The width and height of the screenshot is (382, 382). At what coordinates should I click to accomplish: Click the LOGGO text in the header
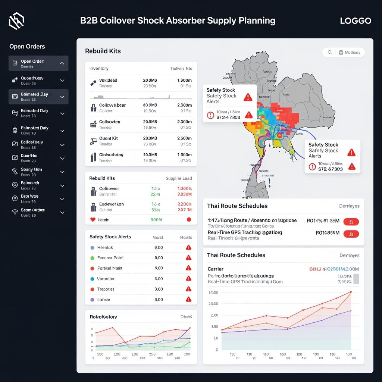tap(356, 21)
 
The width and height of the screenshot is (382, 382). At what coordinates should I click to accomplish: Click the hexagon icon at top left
tap(16, 21)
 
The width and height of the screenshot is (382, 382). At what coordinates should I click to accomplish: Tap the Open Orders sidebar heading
tap(27, 47)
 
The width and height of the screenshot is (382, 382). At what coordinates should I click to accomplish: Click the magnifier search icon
tap(330, 53)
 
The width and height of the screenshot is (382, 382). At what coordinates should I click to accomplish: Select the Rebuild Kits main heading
tap(103, 51)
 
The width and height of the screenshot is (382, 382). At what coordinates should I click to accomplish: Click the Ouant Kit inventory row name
tap(109, 138)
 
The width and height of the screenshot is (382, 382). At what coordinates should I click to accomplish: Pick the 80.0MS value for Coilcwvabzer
tap(150, 105)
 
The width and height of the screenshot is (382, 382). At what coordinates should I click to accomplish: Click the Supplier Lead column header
tap(179, 178)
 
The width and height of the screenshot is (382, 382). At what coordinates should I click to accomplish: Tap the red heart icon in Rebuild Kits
tap(93, 220)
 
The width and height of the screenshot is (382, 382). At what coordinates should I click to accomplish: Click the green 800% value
tap(156, 220)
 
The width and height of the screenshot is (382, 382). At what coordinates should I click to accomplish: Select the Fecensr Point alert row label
tap(110, 258)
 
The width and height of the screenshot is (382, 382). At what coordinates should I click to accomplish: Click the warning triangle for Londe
tap(188, 299)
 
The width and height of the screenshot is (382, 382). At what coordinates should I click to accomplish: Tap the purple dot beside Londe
tap(93, 300)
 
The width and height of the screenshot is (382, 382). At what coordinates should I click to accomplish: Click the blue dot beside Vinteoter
tap(93, 279)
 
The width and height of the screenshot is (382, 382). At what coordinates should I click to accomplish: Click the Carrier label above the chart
tap(215, 269)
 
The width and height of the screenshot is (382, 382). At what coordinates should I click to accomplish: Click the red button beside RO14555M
tap(351, 234)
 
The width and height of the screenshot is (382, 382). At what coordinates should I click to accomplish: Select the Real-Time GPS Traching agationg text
tap(245, 232)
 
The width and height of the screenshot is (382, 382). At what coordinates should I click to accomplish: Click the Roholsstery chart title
tap(103, 317)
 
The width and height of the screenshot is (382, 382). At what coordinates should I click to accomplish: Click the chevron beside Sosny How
tap(62, 172)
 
